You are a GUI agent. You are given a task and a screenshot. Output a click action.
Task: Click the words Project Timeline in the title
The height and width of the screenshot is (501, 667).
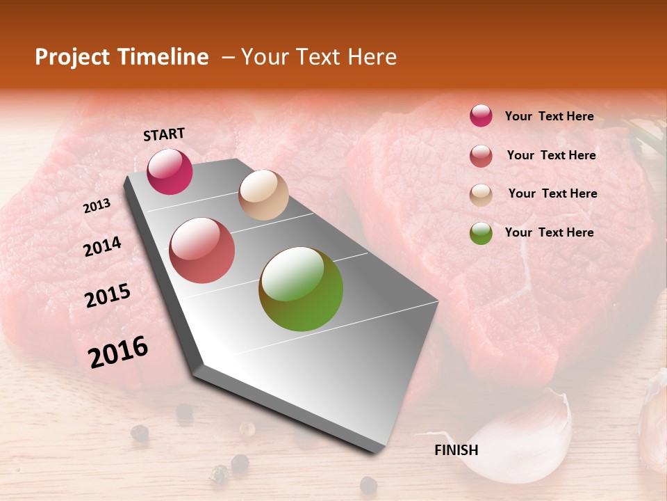pos(122,57)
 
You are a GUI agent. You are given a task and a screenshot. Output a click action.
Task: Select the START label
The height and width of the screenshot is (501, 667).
pos(164,134)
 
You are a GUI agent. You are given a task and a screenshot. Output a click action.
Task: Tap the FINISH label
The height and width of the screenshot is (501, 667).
pos(456,450)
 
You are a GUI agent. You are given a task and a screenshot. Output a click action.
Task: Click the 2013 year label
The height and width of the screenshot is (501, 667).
pos(97,205)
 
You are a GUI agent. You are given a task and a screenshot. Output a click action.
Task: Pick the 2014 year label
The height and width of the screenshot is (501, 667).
pos(102,246)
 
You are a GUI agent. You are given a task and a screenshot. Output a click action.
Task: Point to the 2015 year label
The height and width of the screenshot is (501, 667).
pos(108,296)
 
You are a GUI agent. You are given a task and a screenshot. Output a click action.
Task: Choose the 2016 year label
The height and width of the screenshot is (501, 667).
pos(118,352)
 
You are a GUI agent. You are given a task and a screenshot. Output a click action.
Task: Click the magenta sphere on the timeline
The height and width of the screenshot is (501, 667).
pos(170,171)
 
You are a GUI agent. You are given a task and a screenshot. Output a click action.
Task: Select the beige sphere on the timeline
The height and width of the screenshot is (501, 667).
pos(263,195)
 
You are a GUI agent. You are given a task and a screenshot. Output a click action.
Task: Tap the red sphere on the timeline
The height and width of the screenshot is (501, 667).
pos(202,250)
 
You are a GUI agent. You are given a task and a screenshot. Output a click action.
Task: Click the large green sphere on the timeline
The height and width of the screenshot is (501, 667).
pos(301,289)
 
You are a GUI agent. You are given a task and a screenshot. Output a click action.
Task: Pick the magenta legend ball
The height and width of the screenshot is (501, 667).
pos(481,116)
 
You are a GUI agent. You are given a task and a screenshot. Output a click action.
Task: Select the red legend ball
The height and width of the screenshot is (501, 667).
pos(481,156)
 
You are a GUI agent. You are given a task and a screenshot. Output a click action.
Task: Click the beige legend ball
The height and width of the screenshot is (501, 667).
pos(481,195)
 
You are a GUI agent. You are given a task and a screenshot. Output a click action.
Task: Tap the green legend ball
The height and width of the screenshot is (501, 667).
pos(481,233)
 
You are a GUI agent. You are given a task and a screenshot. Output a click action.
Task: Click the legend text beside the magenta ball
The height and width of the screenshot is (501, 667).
pos(549,116)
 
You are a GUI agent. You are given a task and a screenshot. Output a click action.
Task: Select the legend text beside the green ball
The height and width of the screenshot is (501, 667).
pos(549,232)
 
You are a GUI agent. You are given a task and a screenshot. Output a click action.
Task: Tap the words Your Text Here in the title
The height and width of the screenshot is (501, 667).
pos(318,57)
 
